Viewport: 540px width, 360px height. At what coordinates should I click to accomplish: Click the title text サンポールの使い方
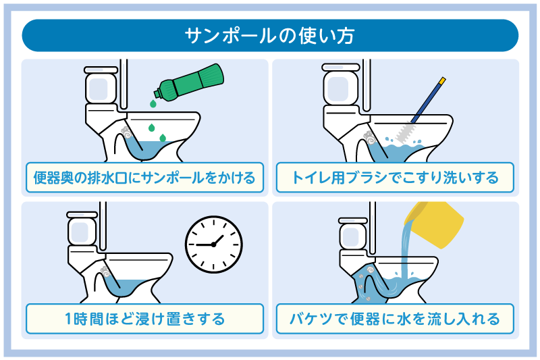tap(270, 35)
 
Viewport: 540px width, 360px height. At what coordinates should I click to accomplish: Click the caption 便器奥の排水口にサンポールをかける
tap(144, 178)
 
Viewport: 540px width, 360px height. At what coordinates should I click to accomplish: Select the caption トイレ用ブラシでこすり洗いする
tap(395, 178)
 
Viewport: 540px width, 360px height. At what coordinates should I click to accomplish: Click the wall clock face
tap(214, 242)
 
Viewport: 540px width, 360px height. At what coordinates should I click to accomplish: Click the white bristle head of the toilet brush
tap(406, 131)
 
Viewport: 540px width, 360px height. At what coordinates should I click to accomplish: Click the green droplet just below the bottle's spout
tap(154, 104)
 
